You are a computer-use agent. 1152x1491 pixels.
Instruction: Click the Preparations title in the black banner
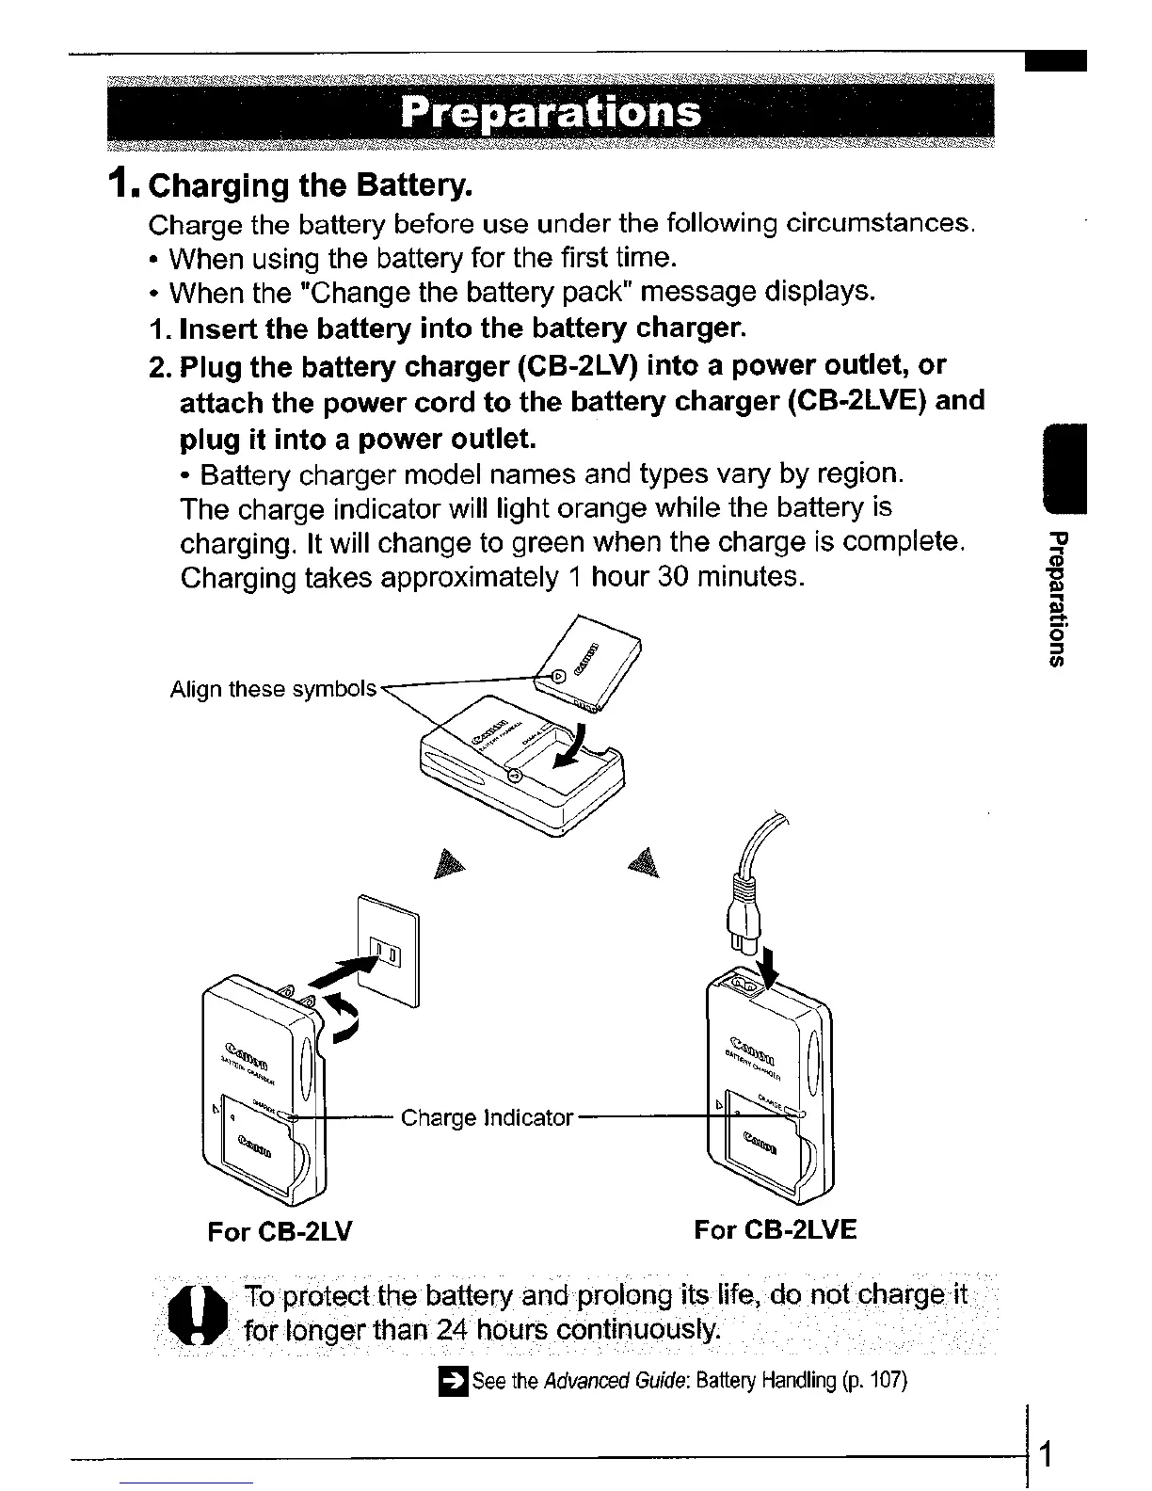point(551,114)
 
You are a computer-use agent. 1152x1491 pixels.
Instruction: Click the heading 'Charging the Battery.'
point(310,184)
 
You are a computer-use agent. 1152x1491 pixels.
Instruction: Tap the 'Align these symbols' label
point(273,689)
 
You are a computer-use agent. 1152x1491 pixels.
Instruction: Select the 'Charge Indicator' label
point(487,1118)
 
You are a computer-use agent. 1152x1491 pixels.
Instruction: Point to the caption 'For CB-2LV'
point(280,1231)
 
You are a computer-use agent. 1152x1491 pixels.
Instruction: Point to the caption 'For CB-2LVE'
point(775,1229)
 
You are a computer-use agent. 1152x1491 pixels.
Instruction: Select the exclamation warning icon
point(200,1315)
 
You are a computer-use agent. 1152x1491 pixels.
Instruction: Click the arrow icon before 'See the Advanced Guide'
point(454,1381)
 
